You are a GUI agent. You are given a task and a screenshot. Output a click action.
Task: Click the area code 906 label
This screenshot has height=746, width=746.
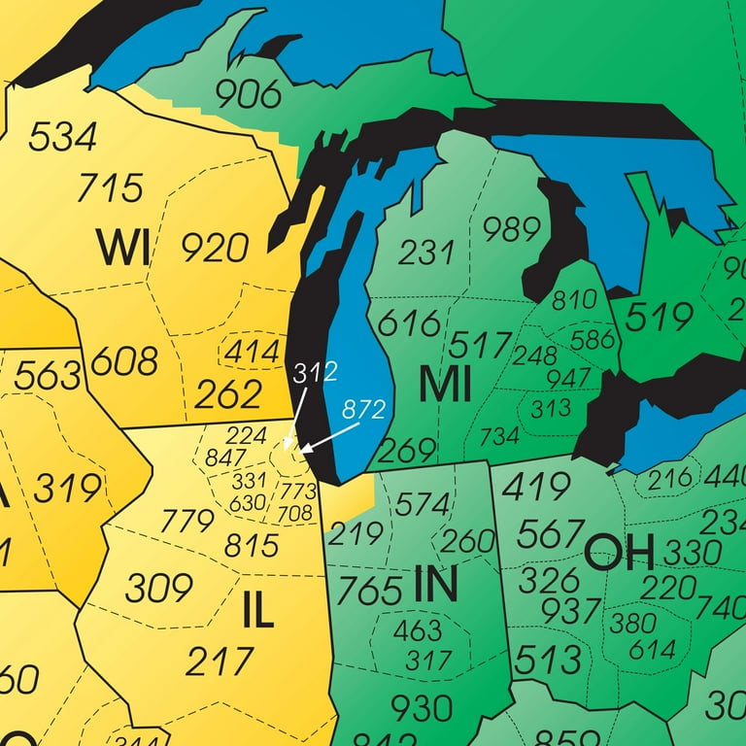pyautogui.click(x=248, y=94)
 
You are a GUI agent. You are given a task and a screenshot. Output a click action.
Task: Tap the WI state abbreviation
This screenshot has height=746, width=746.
pyautogui.click(x=122, y=249)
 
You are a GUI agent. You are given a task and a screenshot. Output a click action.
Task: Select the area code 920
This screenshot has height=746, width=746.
pyautogui.click(x=215, y=249)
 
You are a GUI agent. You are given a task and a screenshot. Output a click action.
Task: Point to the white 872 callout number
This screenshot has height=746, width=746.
pyautogui.click(x=364, y=409)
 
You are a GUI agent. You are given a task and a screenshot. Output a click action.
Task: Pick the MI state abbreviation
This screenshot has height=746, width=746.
pyautogui.click(x=445, y=386)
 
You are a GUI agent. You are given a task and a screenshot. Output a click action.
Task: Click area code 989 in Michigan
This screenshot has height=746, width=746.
pyautogui.click(x=511, y=230)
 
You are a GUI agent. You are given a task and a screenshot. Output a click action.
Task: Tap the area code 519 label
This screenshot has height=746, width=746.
pyautogui.click(x=659, y=317)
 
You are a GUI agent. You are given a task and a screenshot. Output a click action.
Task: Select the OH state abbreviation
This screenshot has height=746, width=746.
pyautogui.click(x=619, y=553)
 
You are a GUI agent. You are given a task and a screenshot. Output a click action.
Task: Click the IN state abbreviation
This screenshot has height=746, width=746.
pyautogui.click(x=434, y=583)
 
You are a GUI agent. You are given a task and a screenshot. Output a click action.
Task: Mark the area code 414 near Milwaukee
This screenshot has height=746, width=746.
pyautogui.click(x=252, y=354)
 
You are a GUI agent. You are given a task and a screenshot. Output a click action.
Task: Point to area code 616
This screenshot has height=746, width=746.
pyautogui.click(x=409, y=322)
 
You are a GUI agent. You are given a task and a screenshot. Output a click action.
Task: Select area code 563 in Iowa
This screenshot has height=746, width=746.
pyautogui.click(x=47, y=375)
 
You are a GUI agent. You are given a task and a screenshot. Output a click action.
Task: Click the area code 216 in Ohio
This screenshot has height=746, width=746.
pyautogui.click(x=670, y=478)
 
